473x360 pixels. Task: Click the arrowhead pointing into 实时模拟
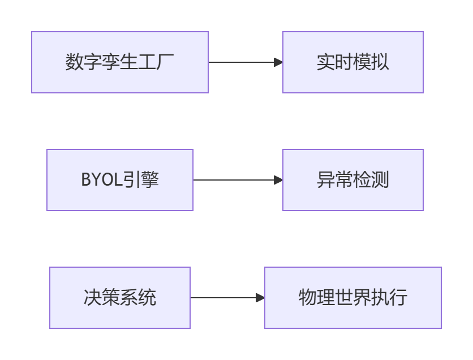click(278, 62)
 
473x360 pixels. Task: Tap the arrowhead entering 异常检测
click(278, 180)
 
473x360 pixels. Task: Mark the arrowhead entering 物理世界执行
click(260, 298)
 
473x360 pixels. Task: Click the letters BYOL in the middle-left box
click(101, 180)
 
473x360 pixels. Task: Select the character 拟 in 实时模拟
click(380, 62)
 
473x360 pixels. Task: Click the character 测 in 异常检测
click(380, 180)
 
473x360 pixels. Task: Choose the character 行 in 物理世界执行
click(398, 298)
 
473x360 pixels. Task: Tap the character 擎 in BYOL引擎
click(150, 180)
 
